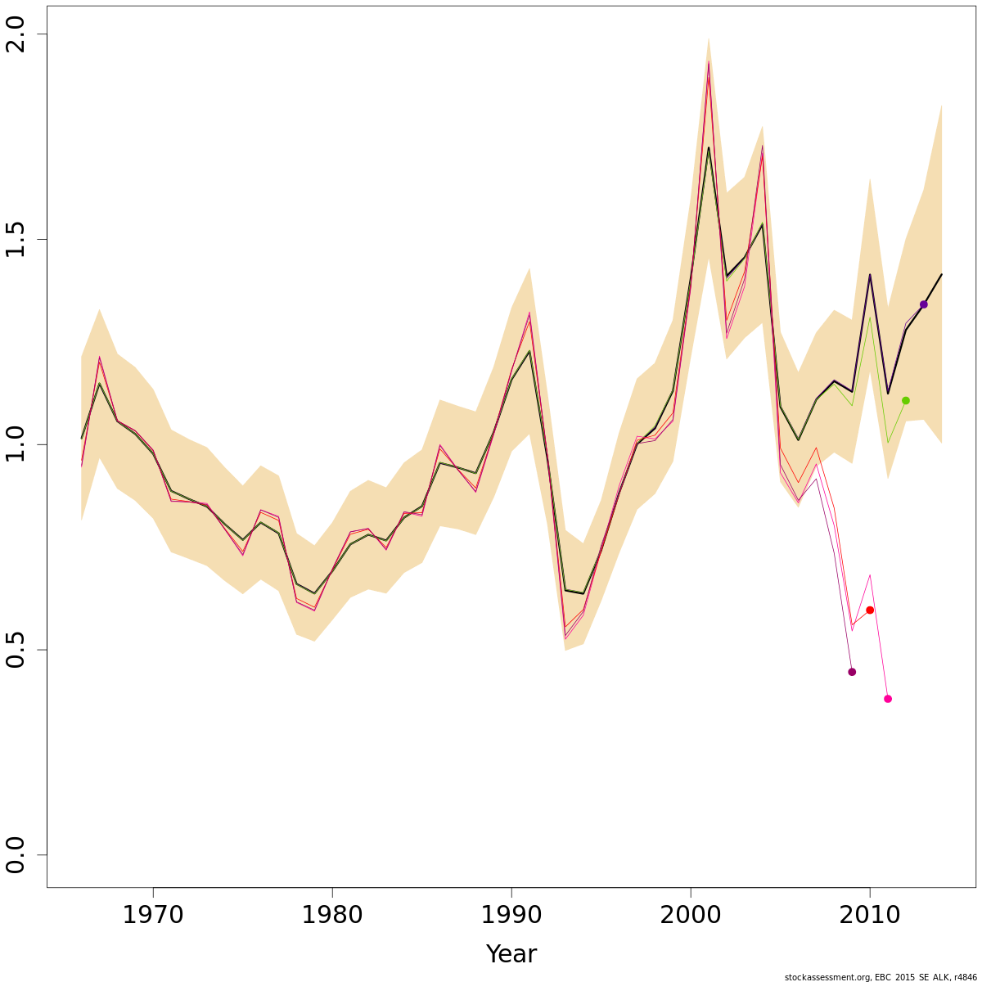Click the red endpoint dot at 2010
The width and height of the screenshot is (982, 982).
pyautogui.click(x=870, y=610)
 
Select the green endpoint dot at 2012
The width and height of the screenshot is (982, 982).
pyautogui.click(x=906, y=401)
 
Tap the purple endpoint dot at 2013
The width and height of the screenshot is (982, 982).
pyautogui.click(x=924, y=304)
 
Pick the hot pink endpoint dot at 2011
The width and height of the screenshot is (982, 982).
pyautogui.click(x=888, y=699)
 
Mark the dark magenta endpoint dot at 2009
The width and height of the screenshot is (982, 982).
pyautogui.click(x=852, y=672)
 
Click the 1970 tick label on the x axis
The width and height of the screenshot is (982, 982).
pyautogui.click(x=153, y=914)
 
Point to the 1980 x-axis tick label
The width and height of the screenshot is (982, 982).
pyautogui.click(x=332, y=914)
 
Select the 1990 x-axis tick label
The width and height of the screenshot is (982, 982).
pyautogui.click(x=511, y=914)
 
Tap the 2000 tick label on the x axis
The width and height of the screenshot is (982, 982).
pyautogui.click(x=691, y=914)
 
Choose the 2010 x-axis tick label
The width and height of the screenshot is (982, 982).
pyautogui.click(x=870, y=914)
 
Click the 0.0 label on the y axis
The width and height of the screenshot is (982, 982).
pyautogui.click(x=16, y=854)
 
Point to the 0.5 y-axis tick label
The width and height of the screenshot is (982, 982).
pyautogui.click(x=16, y=650)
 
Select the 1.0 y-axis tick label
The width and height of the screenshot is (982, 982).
pyautogui.click(x=16, y=444)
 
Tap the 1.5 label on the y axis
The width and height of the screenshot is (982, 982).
pyautogui.click(x=16, y=239)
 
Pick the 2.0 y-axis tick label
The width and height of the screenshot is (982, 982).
pyautogui.click(x=16, y=34)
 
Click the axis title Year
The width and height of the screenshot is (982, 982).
pyautogui.click(x=511, y=954)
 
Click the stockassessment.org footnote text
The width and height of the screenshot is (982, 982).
pyautogui.click(x=881, y=977)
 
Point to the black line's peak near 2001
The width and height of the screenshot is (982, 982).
pyautogui.click(x=709, y=147)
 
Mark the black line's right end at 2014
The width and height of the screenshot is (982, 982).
pyautogui.click(x=942, y=274)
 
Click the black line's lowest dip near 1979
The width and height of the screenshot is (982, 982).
pyautogui.click(x=314, y=593)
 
